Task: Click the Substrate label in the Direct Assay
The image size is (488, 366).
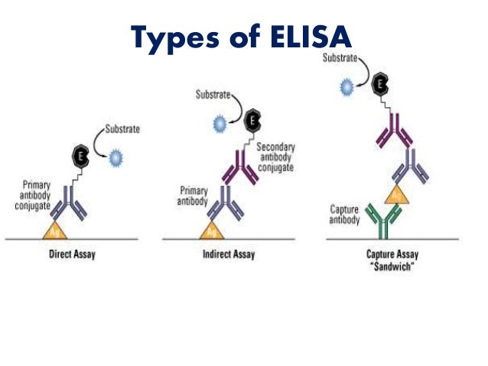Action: pyautogui.click(x=122, y=129)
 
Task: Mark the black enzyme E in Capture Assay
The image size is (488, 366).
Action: pyautogui.click(x=380, y=83)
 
